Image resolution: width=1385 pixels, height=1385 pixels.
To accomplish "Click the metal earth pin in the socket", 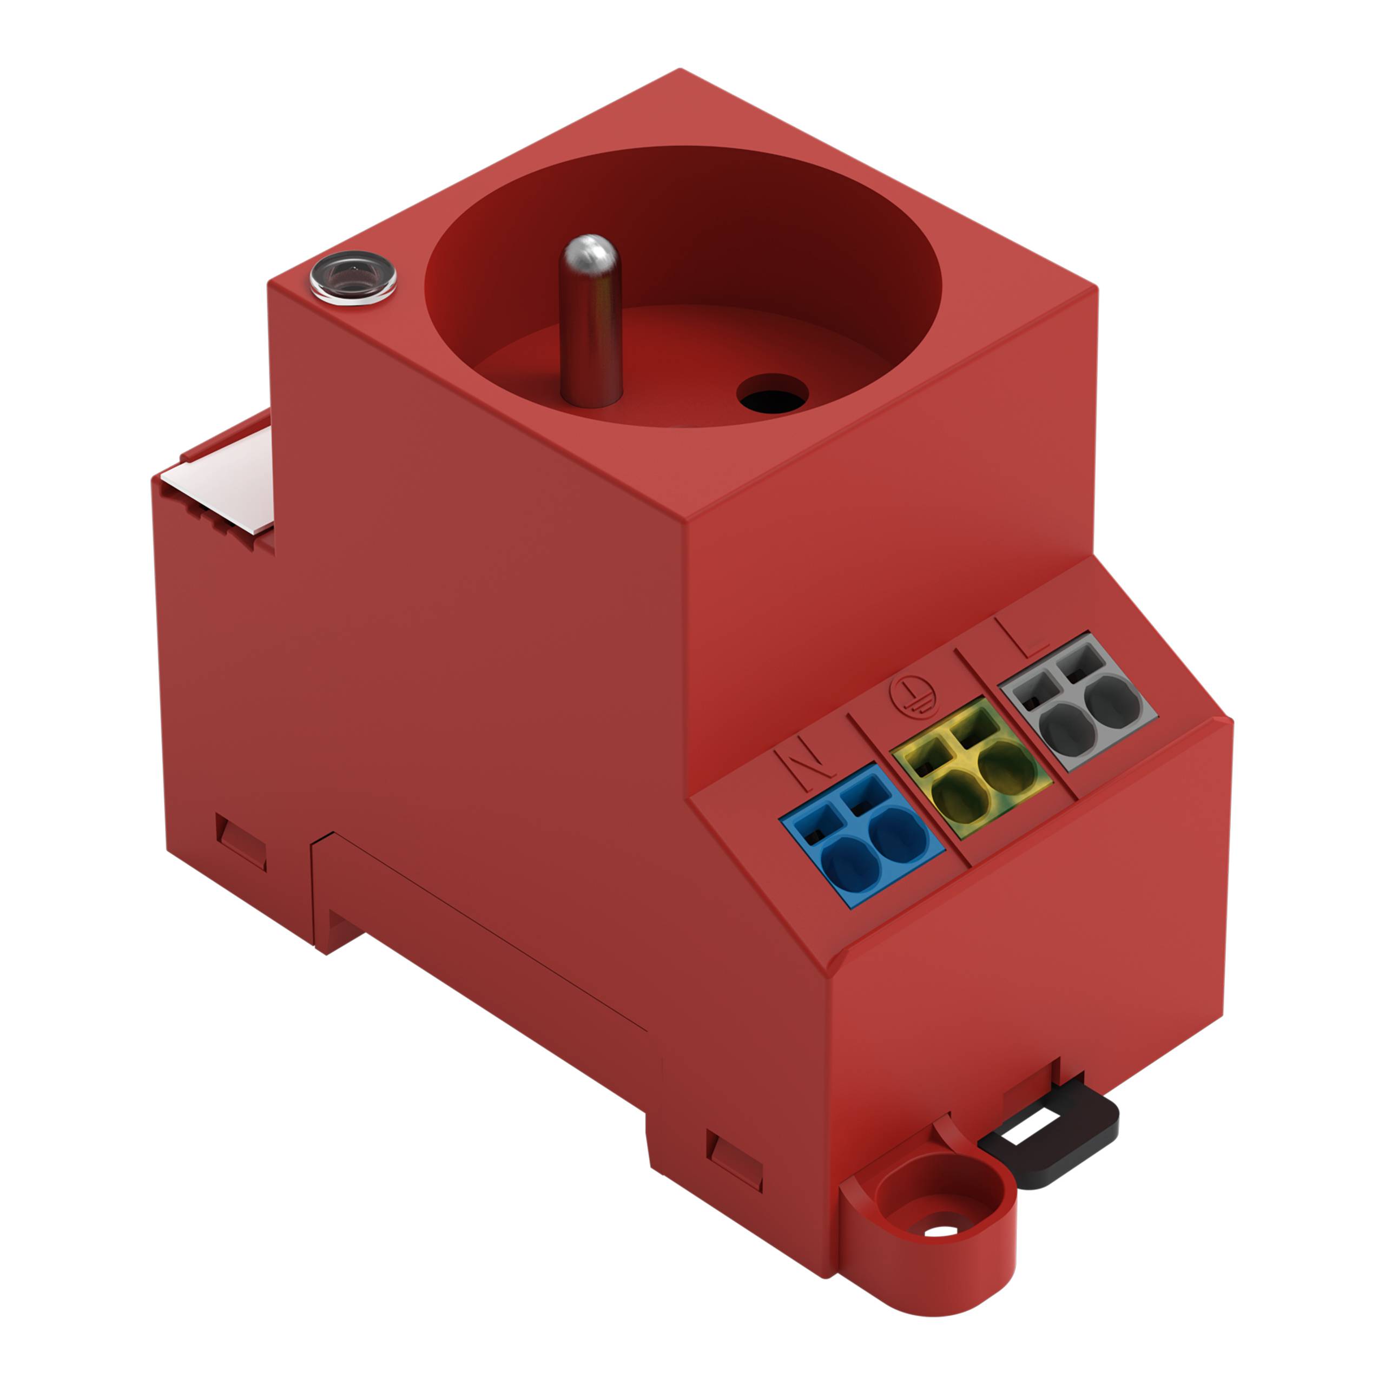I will [x=590, y=337].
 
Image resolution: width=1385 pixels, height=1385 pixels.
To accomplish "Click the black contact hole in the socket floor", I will [x=772, y=393].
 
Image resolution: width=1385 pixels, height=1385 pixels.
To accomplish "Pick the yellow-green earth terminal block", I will [x=970, y=767].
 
